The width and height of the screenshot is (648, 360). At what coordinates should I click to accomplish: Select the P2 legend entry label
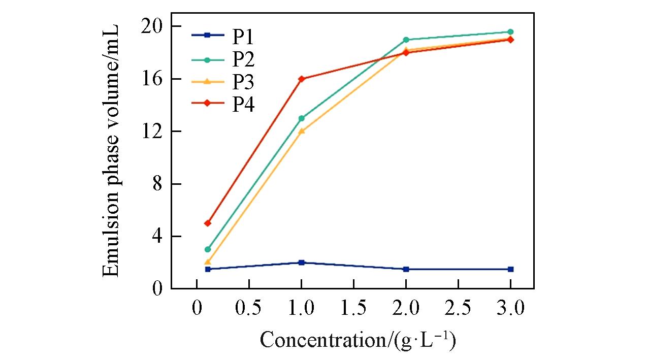[243, 59]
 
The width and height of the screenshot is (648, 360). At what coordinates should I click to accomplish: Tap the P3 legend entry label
[243, 82]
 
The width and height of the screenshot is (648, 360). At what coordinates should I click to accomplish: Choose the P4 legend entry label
[243, 105]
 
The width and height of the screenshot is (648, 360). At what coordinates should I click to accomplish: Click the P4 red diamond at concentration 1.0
[302, 79]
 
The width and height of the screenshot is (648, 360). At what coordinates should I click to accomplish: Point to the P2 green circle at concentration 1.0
[302, 118]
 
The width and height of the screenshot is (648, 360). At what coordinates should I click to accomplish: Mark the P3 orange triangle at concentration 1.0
[302, 131]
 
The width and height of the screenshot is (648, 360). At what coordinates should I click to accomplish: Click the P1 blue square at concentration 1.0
[302, 263]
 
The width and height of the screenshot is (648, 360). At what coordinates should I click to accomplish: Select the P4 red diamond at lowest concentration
[207, 223]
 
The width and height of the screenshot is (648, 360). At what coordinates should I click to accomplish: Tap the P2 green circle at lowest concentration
[207, 249]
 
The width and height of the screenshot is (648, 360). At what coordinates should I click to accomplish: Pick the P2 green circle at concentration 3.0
[510, 32]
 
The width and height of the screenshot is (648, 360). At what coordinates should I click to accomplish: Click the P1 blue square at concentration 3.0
[510, 269]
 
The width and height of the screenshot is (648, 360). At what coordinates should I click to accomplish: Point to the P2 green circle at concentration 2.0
[406, 40]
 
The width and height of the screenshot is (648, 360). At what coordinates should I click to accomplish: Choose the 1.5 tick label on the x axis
[353, 308]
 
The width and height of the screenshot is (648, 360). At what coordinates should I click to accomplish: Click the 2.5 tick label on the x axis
[458, 308]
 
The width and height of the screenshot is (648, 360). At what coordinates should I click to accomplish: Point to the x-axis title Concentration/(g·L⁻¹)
[358, 340]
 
